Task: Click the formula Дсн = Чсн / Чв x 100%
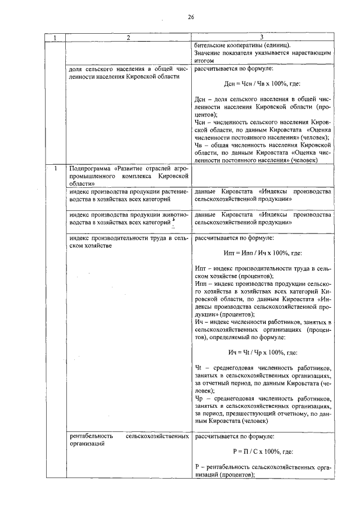261,86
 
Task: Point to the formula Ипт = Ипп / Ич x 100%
261,253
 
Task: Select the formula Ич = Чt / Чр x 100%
261,352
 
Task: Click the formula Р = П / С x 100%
261,452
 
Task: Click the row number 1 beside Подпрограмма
55,168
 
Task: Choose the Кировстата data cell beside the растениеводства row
261,196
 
